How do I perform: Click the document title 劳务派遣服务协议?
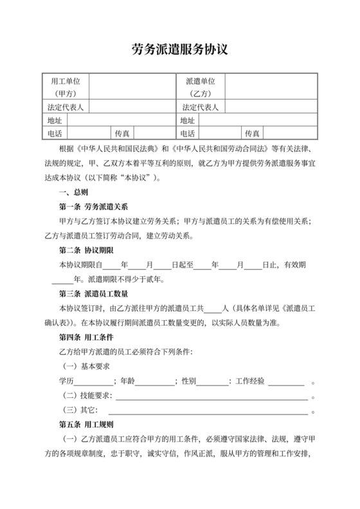point(180,49)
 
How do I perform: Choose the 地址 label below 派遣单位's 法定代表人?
point(187,120)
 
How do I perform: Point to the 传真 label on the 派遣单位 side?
point(251,134)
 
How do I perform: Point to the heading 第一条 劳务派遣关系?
point(94,207)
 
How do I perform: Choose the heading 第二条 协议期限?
point(85,251)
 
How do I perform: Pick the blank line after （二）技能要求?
point(212,398)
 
